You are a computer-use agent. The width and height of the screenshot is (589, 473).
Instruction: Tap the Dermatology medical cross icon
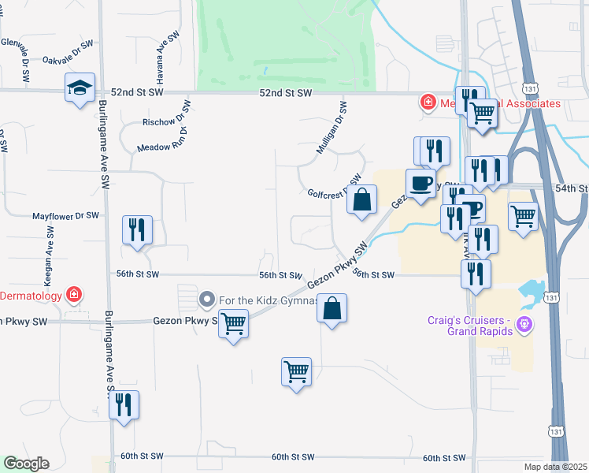[74, 295]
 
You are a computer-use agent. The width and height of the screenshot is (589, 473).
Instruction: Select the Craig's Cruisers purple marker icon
[526, 324]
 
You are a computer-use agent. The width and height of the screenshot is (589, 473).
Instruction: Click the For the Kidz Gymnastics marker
[206, 299]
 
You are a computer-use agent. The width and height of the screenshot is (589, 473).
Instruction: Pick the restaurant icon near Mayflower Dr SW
[137, 230]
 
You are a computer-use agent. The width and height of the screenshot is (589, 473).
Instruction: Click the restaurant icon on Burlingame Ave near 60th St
[124, 405]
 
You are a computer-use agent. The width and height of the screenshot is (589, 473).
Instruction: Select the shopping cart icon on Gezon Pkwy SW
[233, 323]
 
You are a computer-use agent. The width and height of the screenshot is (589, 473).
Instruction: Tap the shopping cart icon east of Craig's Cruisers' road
[523, 215]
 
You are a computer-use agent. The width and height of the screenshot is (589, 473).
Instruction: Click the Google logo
[26, 463]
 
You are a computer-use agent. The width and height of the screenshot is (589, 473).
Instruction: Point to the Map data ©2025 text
[555, 466]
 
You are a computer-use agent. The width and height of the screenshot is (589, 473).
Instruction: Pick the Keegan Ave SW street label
[49, 248]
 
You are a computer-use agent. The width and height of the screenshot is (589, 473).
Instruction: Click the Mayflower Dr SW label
[65, 215]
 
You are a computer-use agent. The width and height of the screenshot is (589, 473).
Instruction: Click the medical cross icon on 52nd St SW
[428, 102]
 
